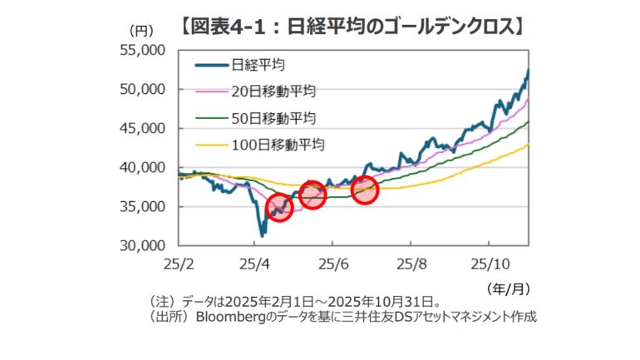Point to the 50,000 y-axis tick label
pyautogui.click(x=144, y=89)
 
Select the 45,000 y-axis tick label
pyautogui.click(x=144, y=128)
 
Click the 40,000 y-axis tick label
pyautogui.click(x=144, y=167)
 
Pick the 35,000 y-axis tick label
pyautogui.click(x=144, y=206)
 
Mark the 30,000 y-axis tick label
pyautogui.click(x=144, y=245)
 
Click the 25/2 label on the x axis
pyautogui.click(x=179, y=264)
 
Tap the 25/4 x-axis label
pyautogui.click(x=255, y=264)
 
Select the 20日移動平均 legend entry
pyautogui.click(x=273, y=90)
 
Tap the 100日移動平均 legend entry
pyautogui.click(x=278, y=143)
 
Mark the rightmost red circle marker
pyautogui.click(x=364, y=190)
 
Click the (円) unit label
pyautogui.click(x=140, y=30)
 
